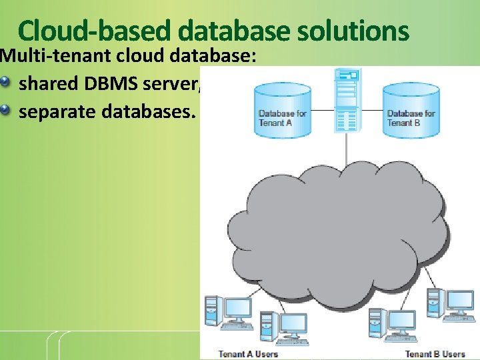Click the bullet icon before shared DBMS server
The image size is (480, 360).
[x=7, y=83]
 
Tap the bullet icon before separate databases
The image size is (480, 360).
[x=7, y=110]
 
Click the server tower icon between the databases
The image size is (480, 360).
[x=347, y=100]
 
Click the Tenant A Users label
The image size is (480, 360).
[x=248, y=353]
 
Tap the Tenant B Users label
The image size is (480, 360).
[x=435, y=353]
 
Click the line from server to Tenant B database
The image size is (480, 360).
[x=372, y=110]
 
